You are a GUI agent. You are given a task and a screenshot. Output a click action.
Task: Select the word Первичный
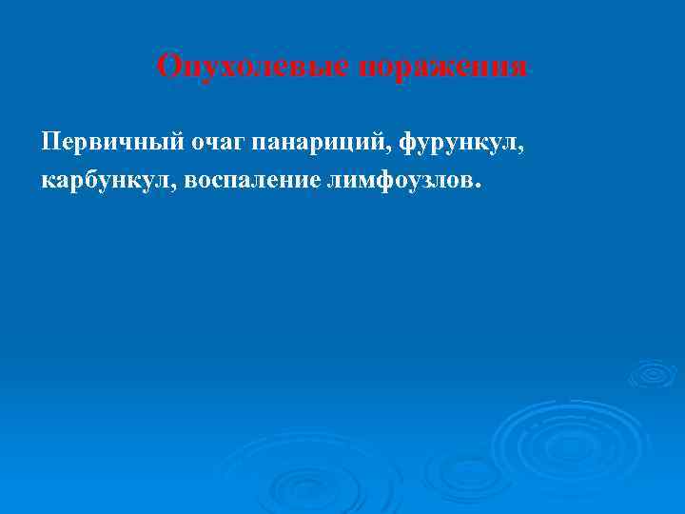(x=100, y=143)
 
